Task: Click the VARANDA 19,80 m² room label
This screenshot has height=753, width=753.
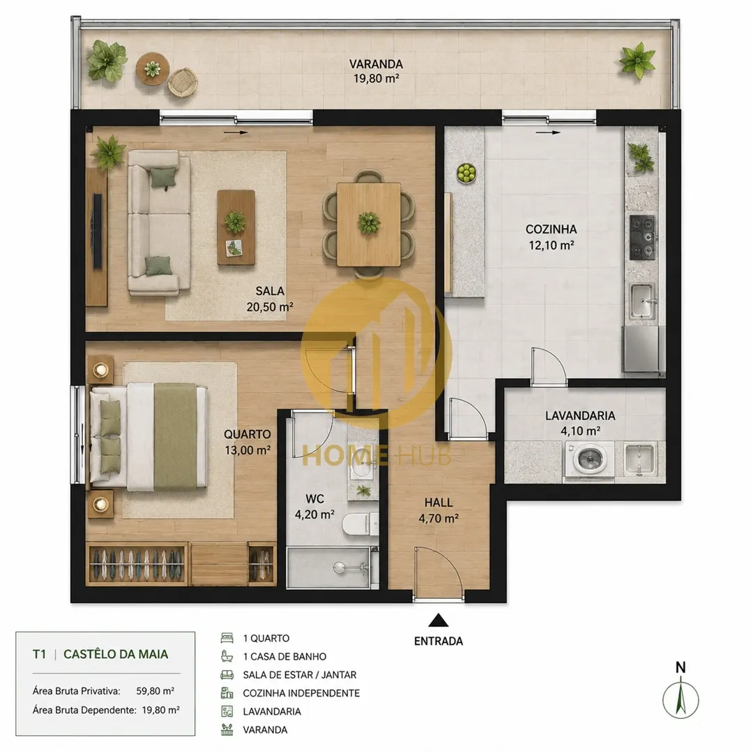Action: (x=376, y=71)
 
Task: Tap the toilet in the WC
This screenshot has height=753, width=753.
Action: (x=360, y=524)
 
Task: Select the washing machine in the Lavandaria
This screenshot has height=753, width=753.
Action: (x=589, y=459)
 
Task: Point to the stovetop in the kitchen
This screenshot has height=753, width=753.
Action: (x=642, y=237)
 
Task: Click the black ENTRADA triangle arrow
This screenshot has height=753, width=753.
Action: (x=438, y=621)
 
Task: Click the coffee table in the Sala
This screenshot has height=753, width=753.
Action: (x=236, y=227)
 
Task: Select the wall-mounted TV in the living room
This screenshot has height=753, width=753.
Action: (x=97, y=231)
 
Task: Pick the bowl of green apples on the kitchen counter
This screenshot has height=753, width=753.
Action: (x=466, y=173)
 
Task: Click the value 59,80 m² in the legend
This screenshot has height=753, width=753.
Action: (x=155, y=691)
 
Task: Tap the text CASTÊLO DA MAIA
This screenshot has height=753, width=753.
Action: (x=116, y=654)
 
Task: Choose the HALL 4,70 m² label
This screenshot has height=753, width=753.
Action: (x=439, y=510)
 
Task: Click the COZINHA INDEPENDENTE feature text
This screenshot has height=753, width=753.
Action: (x=301, y=693)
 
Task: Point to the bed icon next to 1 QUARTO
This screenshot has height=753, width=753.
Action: (x=227, y=638)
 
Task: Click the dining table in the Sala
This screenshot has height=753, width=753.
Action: (x=369, y=225)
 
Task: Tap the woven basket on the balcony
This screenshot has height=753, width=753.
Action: (x=183, y=82)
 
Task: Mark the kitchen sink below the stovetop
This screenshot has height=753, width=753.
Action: (x=643, y=301)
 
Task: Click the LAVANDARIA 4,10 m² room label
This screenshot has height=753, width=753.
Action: (x=580, y=423)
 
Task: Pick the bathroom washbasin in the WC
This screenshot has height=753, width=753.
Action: (x=363, y=464)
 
